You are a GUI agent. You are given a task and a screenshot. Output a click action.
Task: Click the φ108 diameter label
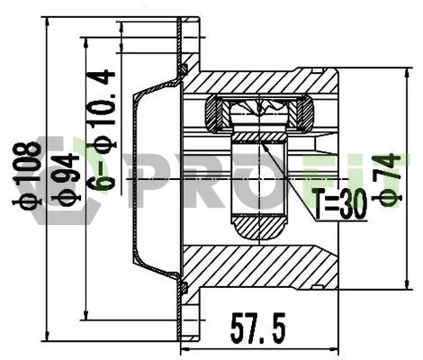coord(29,176)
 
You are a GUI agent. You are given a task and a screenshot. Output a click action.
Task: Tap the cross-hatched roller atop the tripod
coord(262,115)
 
